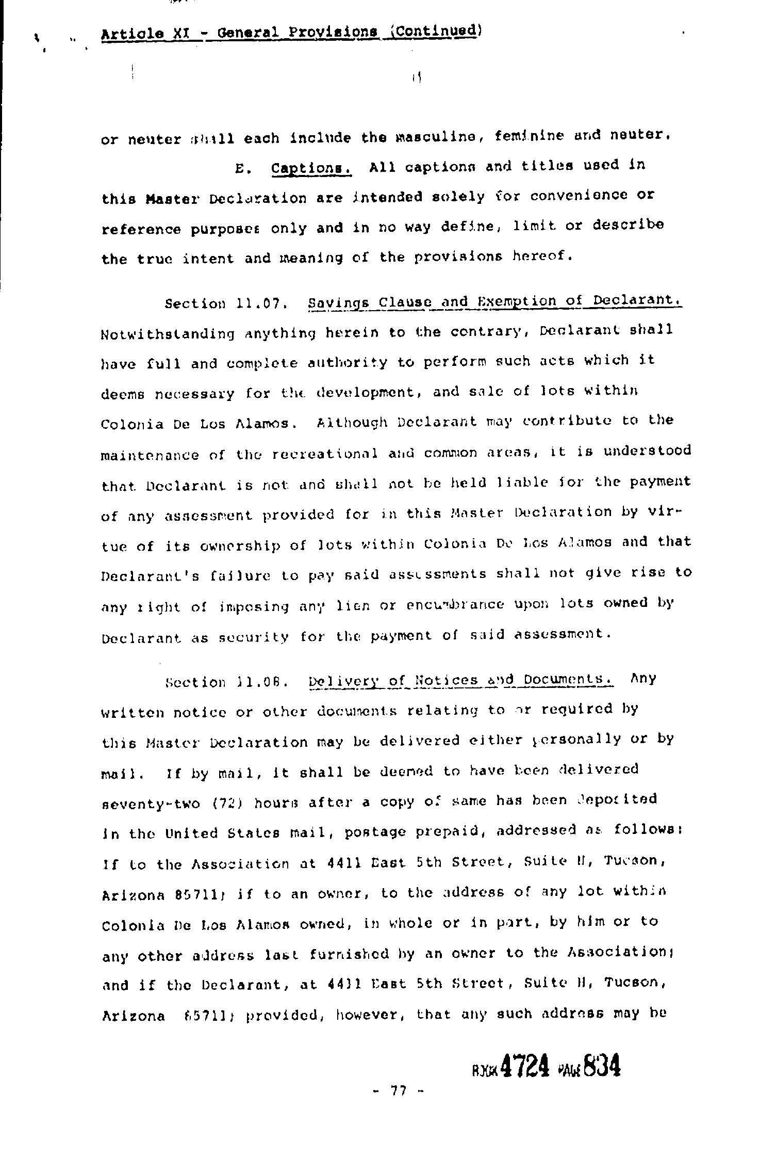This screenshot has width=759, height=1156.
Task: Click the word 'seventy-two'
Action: [150, 804]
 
